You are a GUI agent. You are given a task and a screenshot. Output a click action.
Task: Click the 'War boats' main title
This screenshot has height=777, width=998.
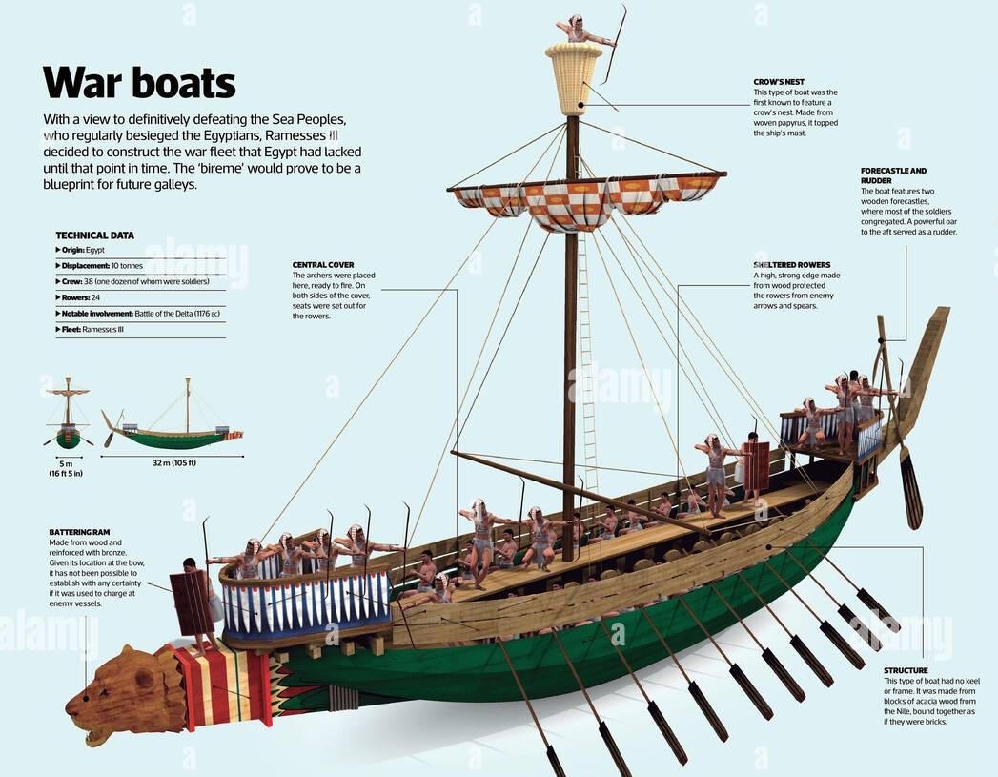[139, 83]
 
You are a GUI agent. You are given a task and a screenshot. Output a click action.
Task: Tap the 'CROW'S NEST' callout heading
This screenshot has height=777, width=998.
[779, 82]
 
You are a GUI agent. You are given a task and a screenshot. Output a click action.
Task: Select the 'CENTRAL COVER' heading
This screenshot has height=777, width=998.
[322, 265]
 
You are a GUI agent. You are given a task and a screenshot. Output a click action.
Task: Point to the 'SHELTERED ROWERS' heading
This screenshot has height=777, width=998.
[791, 264]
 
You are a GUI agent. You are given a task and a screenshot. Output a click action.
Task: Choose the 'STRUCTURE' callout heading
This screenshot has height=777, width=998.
[906, 670]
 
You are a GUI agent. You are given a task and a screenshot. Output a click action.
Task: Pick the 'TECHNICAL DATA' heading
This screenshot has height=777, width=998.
[94, 235]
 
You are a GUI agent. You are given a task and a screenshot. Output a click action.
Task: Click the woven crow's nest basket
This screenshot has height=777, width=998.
[573, 79]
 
